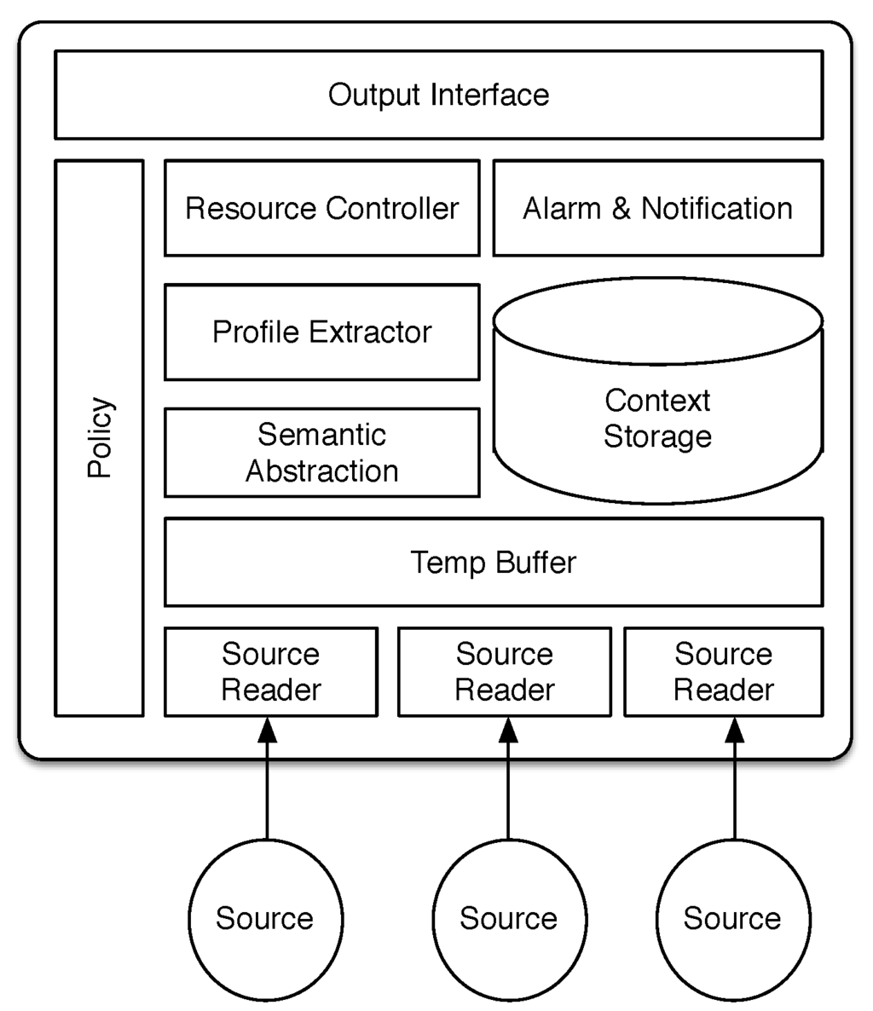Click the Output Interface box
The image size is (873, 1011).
(438, 95)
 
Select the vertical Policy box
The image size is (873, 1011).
(99, 437)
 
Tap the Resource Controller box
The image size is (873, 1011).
(321, 208)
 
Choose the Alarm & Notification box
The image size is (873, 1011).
(657, 208)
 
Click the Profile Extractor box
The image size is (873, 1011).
(321, 332)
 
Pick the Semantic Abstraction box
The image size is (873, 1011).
(321, 453)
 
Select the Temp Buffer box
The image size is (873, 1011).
(493, 563)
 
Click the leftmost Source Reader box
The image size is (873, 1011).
(270, 672)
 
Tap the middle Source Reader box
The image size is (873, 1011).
(504, 672)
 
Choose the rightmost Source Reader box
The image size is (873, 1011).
(723, 672)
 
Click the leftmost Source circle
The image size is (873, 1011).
(264, 918)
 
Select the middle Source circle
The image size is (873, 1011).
(509, 918)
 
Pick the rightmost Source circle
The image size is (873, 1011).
(732, 918)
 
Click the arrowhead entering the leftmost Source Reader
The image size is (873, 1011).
(268, 730)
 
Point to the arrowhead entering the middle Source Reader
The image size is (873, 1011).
(509, 730)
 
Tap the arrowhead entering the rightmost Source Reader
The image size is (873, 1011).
(734, 730)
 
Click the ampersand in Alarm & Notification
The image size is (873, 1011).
(622, 209)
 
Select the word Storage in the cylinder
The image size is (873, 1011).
(657, 436)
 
